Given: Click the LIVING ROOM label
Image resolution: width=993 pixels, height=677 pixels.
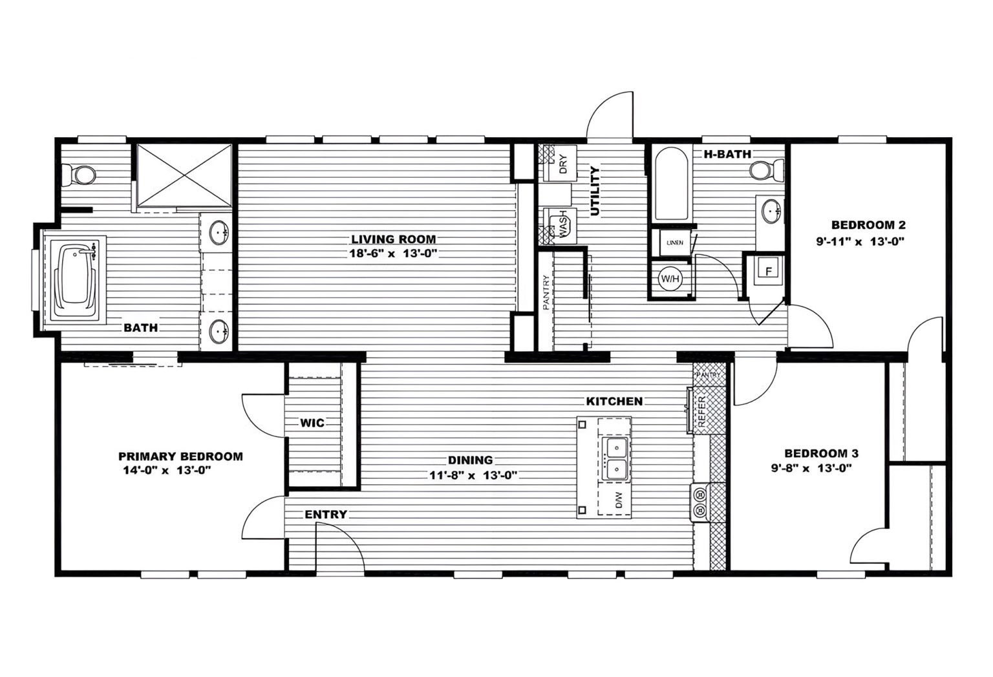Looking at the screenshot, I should [x=393, y=239].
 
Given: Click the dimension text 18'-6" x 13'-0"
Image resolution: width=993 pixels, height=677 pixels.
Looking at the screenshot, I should [x=394, y=253].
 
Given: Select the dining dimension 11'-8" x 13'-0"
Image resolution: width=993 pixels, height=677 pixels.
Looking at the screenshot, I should [x=470, y=475].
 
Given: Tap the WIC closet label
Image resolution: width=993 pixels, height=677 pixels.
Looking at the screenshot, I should [x=312, y=423].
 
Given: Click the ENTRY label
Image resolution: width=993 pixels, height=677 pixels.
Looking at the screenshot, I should [x=326, y=515].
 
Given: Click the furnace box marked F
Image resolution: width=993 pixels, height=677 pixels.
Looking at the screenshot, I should [x=769, y=271].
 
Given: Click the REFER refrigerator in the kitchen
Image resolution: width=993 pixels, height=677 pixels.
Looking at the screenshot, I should [x=701, y=411].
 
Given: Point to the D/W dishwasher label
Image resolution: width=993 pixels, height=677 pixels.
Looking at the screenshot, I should [x=618, y=499].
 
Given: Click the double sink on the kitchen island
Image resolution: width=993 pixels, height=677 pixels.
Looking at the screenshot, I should [x=615, y=457].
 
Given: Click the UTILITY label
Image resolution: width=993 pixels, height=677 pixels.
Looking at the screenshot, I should [x=595, y=191].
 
